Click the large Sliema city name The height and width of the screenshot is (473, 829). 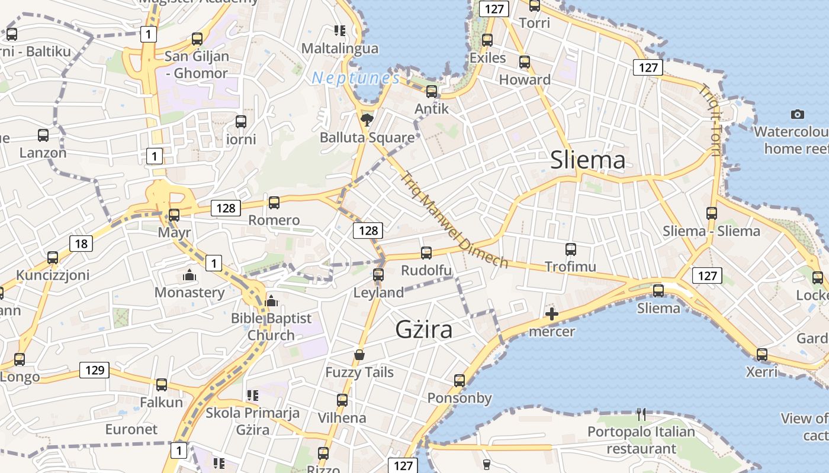[587, 160]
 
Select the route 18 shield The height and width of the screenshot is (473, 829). [81, 243]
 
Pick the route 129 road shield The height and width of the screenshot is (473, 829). [94, 370]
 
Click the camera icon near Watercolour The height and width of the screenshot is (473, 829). [798, 114]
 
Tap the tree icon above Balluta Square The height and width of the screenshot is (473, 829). [367, 120]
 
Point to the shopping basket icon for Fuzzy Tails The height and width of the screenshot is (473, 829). [359, 355]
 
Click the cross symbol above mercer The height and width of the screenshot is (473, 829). [551, 314]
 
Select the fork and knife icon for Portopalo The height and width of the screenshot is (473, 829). [641, 414]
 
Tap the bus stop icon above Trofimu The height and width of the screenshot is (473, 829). [571, 250]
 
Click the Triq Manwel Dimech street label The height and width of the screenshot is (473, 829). [454, 219]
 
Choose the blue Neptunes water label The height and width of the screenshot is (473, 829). [356, 78]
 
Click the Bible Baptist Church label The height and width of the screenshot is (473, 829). [271, 326]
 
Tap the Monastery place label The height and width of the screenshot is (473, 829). [189, 292]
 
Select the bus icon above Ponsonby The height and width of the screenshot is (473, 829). [460, 381]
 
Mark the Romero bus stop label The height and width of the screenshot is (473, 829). [274, 221]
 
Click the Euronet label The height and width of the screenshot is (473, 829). [131, 429]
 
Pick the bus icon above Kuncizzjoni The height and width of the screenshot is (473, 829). [53, 258]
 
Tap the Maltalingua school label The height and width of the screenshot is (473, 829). [340, 48]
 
